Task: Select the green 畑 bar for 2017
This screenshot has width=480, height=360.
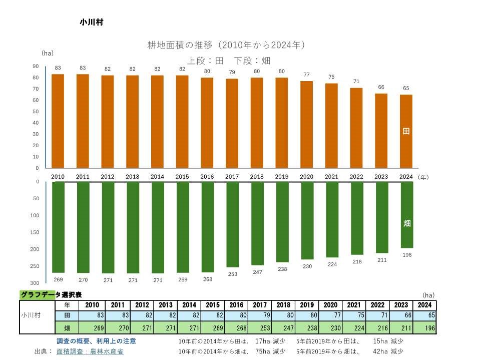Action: tap(232, 224)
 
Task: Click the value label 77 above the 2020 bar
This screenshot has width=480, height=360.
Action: tap(307, 75)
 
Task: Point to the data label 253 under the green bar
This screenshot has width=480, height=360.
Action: tap(232, 274)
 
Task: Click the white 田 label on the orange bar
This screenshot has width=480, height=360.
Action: tap(406, 131)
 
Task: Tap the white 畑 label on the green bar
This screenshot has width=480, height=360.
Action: tap(407, 223)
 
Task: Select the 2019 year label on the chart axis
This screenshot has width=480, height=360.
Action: tap(282, 177)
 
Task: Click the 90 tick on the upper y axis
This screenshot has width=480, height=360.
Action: tap(36, 66)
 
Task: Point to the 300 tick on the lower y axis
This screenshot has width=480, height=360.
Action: tap(35, 283)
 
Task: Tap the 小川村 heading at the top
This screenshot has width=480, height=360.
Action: tap(91, 22)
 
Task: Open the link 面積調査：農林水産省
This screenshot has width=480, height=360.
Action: tap(90, 351)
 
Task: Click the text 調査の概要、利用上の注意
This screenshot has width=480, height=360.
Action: tap(96, 341)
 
